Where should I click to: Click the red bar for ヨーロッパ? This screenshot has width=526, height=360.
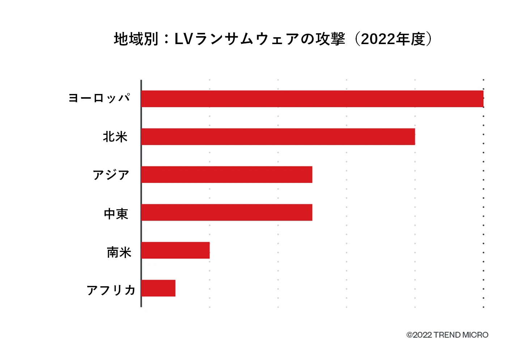(x=312, y=99)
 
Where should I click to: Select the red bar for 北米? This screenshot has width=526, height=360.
(x=278, y=137)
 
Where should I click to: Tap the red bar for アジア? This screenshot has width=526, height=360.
(x=226, y=175)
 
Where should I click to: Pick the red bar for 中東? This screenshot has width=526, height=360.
(x=226, y=213)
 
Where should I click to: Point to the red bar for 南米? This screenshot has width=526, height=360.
(x=175, y=250)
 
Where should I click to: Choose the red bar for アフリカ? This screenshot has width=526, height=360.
(x=158, y=288)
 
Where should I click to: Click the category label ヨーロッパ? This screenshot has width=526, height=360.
(x=99, y=98)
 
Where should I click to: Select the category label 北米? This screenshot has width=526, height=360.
(x=115, y=137)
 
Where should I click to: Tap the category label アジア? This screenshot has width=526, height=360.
(x=111, y=175)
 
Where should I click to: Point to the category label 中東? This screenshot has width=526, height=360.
(x=116, y=214)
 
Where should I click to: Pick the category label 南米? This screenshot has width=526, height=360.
(x=119, y=252)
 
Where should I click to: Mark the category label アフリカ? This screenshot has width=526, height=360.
(x=111, y=290)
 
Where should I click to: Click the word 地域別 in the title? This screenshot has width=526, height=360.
(x=136, y=39)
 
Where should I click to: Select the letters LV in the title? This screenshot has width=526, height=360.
(x=183, y=39)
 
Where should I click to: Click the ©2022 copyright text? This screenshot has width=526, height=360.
(x=419, y=335)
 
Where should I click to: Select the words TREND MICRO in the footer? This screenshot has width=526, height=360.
(x=461, y=335)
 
